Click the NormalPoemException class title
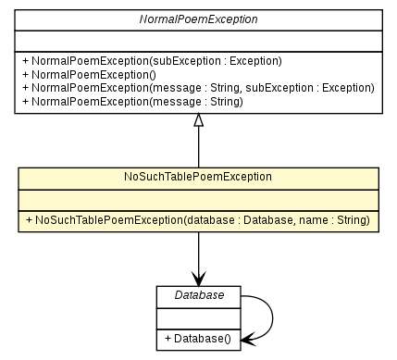coord(198,19)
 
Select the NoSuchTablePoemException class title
coord(198,176)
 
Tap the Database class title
coord(197,295)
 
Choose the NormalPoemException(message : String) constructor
coord(131,102)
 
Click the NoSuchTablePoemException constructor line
coord(198,219)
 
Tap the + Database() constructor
coord(197,339)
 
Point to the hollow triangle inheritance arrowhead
coord(198,120)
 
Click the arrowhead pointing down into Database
coord(198,279)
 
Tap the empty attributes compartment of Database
coord(197,317)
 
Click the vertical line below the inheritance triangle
coord(198,148)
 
